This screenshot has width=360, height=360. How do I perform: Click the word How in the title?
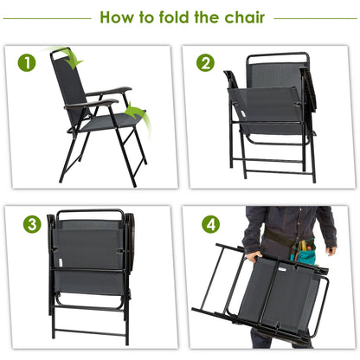pos(121,16)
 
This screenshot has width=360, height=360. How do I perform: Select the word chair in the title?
pos(241,16)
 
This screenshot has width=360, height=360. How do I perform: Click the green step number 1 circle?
pos(29,62)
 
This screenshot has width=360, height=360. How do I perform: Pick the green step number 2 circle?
pos(205,62)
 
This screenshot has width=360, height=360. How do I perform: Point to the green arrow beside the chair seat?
pos(134,113)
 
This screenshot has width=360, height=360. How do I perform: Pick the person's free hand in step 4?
pos(330,251)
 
